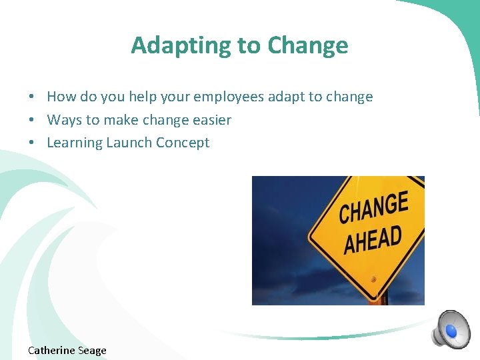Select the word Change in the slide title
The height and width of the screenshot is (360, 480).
(307, 45)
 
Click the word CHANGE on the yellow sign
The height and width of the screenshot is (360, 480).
(373, 208)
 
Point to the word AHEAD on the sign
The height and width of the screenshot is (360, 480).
(373, 239)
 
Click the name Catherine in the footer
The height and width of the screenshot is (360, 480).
(51, 350)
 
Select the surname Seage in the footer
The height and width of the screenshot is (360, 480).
(92, 350)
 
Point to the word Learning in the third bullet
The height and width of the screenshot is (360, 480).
(74, 143)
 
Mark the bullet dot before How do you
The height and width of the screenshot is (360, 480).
(32, 97)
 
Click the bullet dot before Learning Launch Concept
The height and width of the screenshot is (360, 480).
(32, 143)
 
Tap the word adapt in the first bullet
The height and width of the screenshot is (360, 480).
(285, 97)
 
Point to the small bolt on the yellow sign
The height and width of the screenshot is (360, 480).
(374, 278)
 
